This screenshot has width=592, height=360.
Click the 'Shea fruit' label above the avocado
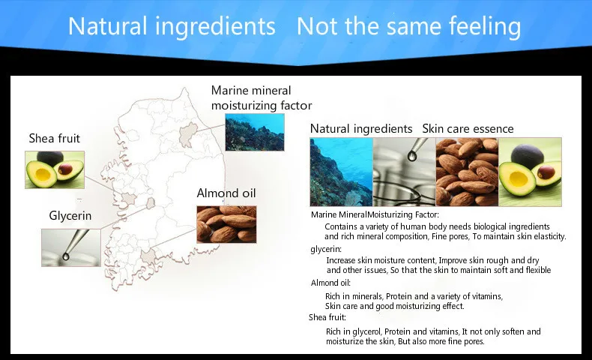coord(55,138)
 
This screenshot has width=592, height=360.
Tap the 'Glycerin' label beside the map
coord(70,216)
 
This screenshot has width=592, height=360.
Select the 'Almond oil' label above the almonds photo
coord(226,193)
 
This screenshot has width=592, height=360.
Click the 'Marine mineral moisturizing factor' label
coord(262,97)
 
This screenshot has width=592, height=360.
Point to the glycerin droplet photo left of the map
coord(71,247)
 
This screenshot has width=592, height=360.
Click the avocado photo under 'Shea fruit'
coord(55,169)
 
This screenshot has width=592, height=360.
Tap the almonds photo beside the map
coord(226,224)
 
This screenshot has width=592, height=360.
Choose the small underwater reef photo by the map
coord(255,132)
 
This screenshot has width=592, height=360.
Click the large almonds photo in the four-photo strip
coord(467,172)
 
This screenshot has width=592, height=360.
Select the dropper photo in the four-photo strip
coord(405,172)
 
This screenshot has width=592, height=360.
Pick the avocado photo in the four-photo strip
coord(530,172)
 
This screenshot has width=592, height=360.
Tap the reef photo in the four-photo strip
coord(341,172)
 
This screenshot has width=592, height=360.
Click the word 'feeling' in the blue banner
coord(485,26)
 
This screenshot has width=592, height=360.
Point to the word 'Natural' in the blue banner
coord(108,26)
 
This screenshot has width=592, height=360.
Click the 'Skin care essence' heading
coord(468,129)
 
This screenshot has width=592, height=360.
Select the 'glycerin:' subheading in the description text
coord(326,249)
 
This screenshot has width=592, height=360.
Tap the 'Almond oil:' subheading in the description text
coord(330,283)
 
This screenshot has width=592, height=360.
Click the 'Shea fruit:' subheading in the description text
coord(327,317)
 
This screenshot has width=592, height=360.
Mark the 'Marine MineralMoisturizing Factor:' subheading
coord(375,214)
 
